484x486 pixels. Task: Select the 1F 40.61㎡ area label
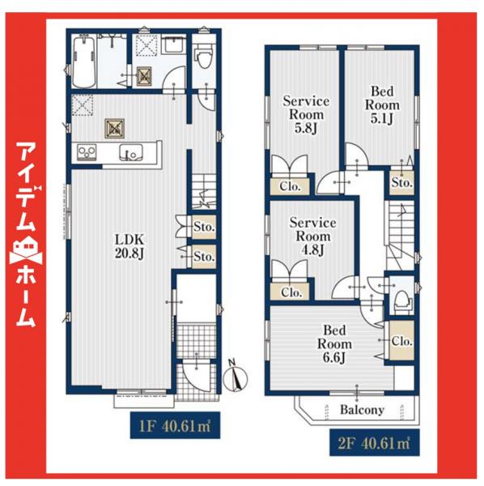(x=174, y=424)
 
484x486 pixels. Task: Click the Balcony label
(x=362, y=410)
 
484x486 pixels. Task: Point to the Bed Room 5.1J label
(x=381, y=105)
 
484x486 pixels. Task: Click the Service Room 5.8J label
(x=305, y=114)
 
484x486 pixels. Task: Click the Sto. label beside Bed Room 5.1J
(x=401, y=182)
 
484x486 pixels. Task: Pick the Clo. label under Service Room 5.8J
(x=291, y=185)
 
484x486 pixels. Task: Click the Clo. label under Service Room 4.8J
(x=291, y=292)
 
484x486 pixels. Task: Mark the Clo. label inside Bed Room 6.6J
(x=401, y=341)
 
